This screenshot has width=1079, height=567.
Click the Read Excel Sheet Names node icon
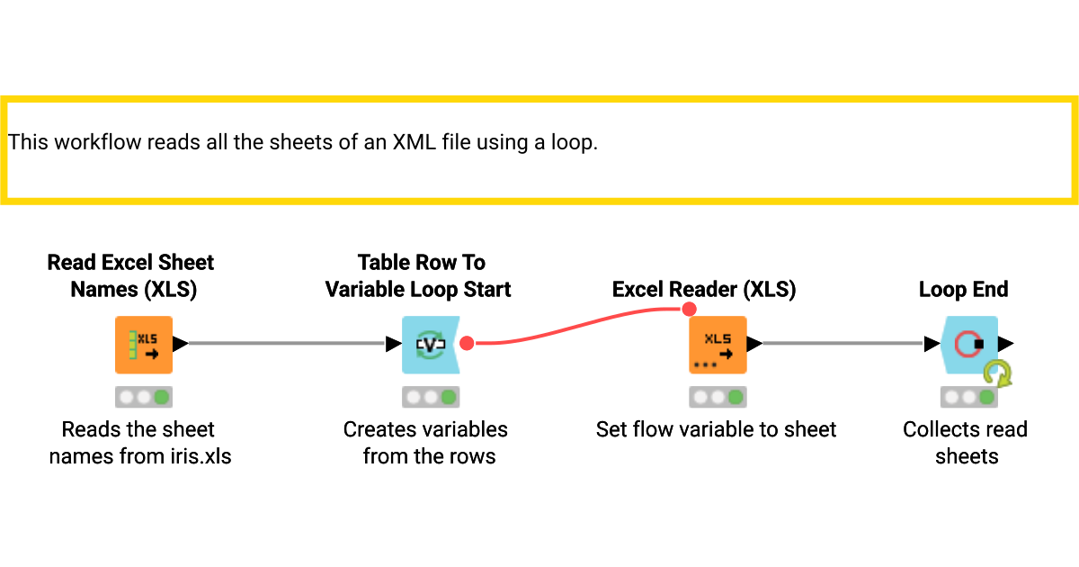tap(143, 344)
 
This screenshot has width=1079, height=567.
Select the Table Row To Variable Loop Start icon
tap(430, 344)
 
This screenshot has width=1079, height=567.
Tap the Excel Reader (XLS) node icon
tap(717, 344)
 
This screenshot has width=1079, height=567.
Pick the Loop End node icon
tap(969, 344)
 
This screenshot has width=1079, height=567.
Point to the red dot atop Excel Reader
tap(689, 310)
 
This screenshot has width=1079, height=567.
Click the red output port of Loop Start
tap(467, 343)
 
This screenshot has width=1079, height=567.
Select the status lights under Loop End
tap(969, 397)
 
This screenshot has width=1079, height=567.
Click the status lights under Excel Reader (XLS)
tap(717, 397)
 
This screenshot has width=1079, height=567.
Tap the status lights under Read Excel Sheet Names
tap(143, 397)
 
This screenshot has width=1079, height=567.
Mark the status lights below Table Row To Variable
tap(430, 397)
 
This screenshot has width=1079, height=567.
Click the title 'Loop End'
tap(963, 289)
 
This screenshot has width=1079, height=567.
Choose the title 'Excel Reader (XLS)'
tap(704, 289)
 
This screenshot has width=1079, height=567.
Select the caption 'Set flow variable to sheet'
tap(716, 429)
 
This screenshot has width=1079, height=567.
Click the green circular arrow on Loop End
tap(997, 373)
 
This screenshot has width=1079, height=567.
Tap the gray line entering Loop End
tap(845, 344)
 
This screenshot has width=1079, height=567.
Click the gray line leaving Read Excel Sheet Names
tap(288, 344)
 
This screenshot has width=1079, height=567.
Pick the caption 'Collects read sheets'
tap(966, 443)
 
